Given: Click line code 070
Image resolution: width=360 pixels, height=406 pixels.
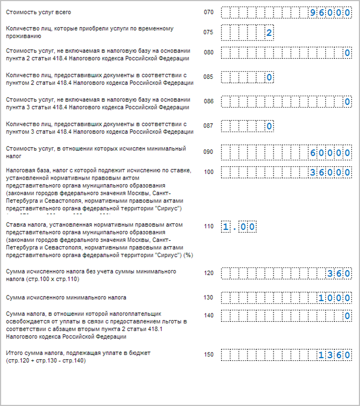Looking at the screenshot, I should coord(209,12).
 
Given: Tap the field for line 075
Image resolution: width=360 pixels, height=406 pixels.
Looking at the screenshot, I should coord(247,33).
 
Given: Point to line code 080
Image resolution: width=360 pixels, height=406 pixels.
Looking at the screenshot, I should coord(209,53).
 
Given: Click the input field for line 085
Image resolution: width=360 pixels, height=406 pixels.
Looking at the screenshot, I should coord(247,77).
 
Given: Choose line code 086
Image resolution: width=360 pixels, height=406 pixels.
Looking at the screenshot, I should coord(209,102).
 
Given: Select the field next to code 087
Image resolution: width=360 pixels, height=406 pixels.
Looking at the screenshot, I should coord(247,126).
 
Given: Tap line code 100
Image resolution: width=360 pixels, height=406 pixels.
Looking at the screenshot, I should coord(209,172).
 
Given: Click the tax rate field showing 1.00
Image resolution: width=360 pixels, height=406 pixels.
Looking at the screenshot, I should coord(238,227).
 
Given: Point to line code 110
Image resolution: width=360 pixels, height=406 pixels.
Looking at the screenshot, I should coord(209,227).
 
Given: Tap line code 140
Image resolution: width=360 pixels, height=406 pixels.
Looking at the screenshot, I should coord(209,315).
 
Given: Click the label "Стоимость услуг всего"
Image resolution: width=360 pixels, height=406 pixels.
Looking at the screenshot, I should coord(38,12).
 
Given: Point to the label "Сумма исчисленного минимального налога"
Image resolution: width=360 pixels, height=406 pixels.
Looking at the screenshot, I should coord(66,298).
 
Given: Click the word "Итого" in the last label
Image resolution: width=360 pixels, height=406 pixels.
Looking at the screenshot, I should coord(14,353).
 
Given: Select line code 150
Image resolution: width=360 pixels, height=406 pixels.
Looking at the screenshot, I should coord(209,355).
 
